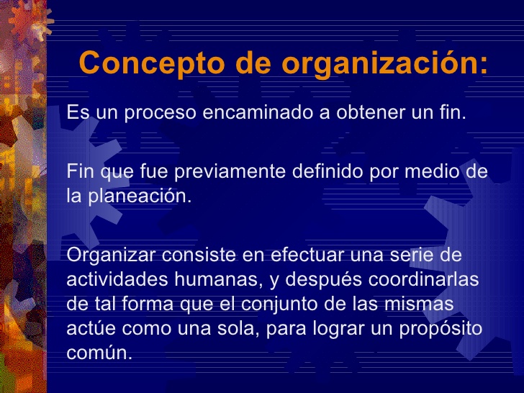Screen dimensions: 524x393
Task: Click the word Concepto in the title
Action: pos(152,63)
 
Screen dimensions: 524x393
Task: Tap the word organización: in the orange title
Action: pos(385,63)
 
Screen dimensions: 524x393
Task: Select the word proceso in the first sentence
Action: pos(160,113)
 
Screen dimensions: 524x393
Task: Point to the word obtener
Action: pos(371,112)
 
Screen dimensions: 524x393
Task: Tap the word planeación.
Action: pos(140,196)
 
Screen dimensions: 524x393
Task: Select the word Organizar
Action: pos(111,256)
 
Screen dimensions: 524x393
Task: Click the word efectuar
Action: pos(307,255)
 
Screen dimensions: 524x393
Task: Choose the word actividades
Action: pos(117,279)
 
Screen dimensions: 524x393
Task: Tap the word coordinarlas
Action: pos(423,279)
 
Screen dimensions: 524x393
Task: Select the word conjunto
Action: pos(280,304)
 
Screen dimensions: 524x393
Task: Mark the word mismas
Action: pos(419,304)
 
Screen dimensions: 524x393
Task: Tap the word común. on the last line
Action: pos(99,353)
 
